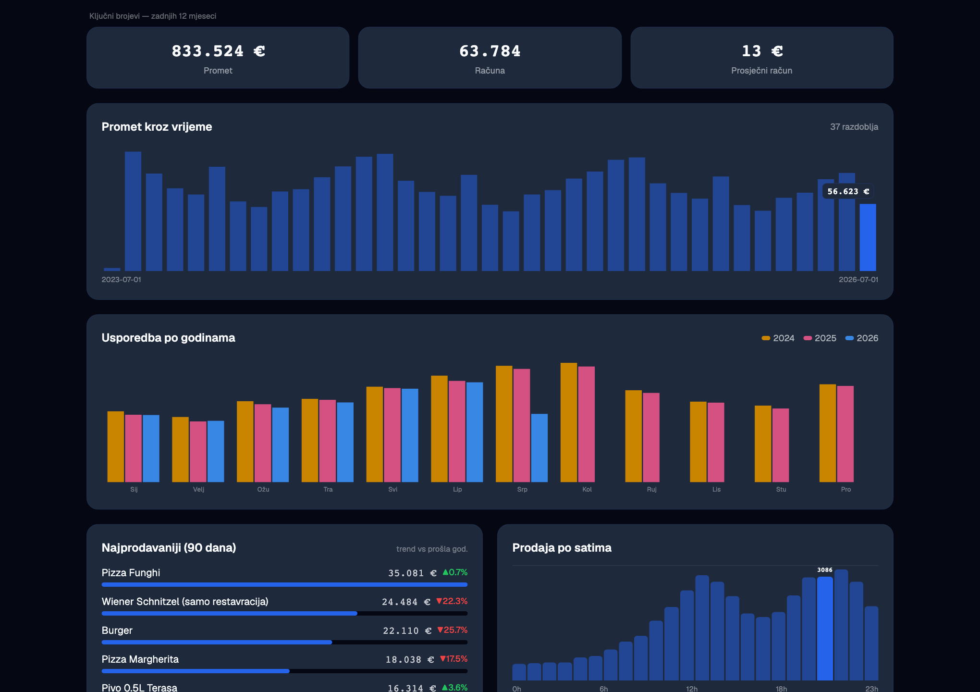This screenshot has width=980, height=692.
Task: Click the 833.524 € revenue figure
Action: pos(218,51)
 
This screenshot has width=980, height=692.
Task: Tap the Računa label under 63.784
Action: pos(490,71)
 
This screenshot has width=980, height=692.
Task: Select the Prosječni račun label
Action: pos(762,71)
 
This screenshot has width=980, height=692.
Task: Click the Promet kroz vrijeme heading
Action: pos(157,127)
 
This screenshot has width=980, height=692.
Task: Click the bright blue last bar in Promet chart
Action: pos(868,237)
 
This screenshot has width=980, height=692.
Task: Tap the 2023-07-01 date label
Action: pos(121,280)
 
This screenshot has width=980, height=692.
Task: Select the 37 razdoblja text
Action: pos(854,127)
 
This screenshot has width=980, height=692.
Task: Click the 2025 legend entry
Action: pos(820,338)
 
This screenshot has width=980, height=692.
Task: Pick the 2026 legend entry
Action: pos(862,338)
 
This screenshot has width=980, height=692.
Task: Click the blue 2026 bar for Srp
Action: pos(539,448)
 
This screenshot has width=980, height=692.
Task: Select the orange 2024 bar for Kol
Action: pos(569,422)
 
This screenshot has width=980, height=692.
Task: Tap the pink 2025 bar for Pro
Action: pos(845,434)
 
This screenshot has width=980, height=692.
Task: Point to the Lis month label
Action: pos(716,489)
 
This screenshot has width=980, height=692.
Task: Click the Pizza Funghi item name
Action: pos(131,573)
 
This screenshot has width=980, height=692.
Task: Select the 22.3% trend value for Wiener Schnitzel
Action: pos(452,601)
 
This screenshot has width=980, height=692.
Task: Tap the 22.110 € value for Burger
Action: pos(407,631)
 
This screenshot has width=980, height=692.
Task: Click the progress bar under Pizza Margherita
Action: pos(284,671)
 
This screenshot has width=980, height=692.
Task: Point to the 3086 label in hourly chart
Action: pos(825,570)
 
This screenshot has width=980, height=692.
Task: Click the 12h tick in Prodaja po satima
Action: pos(692,689)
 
